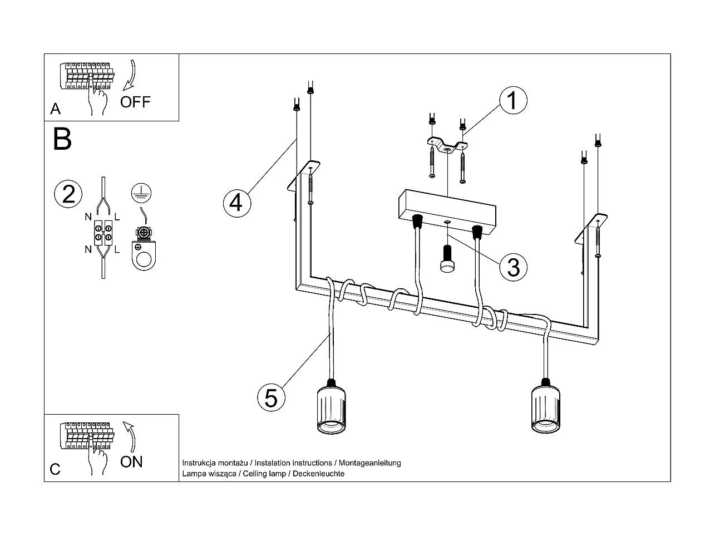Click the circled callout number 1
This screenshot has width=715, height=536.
[x=512, y=101]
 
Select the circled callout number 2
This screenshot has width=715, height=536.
[x=68, y=194]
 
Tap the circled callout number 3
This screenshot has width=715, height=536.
[x=512, y=267]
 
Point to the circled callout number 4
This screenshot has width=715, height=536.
[x=236, y=203]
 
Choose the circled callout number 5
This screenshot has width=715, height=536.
[x=271, y=398]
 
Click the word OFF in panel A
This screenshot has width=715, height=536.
[x=135, y=102]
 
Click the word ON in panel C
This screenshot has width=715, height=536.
[x=131, y=461]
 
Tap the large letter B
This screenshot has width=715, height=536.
[x=62, y=139]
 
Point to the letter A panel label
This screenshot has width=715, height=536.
[x=55, y=109]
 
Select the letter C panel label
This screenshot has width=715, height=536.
[x=55, y=469]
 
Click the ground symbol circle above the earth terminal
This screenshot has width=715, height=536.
[x=141, y=193]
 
